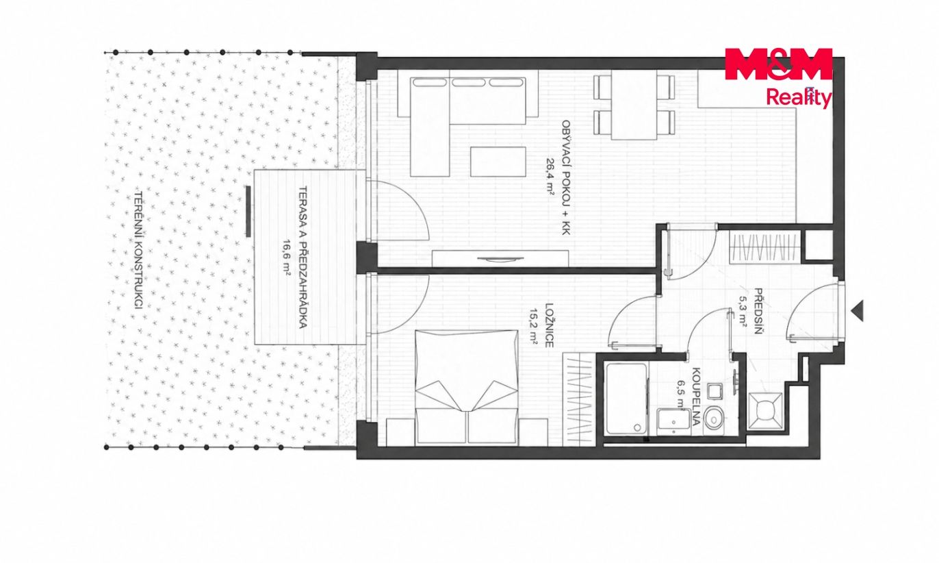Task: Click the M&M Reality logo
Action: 778,78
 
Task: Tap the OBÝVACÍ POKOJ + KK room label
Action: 565,177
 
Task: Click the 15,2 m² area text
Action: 534,326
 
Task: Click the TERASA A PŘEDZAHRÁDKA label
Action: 303,257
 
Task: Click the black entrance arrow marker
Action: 858,311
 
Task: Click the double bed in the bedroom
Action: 465,387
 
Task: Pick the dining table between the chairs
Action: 634,104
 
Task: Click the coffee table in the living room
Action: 498,162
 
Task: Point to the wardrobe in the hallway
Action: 764,247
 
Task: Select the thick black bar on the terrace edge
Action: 248,212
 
